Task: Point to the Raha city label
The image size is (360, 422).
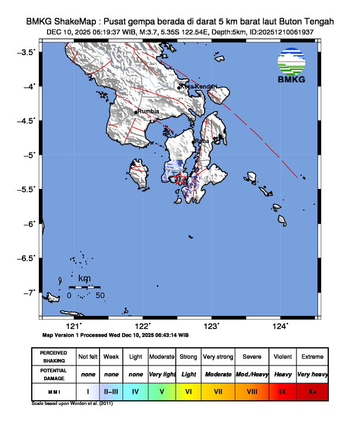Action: (202, 141)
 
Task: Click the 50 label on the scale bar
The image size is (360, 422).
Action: (99, 295)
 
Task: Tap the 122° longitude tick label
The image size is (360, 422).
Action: (142, 326)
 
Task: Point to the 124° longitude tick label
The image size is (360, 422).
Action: (280, 326)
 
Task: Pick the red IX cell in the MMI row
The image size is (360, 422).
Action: (282, 391)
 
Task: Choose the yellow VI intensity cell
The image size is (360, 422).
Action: (188, 391)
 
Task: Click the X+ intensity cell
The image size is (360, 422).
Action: (312, 391)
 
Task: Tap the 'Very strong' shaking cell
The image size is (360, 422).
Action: (218, 357)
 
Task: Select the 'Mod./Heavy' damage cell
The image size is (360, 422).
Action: (252, 374)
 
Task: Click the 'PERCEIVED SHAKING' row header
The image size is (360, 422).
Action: (54, 357)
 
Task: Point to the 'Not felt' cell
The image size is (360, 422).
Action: (88, 357)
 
